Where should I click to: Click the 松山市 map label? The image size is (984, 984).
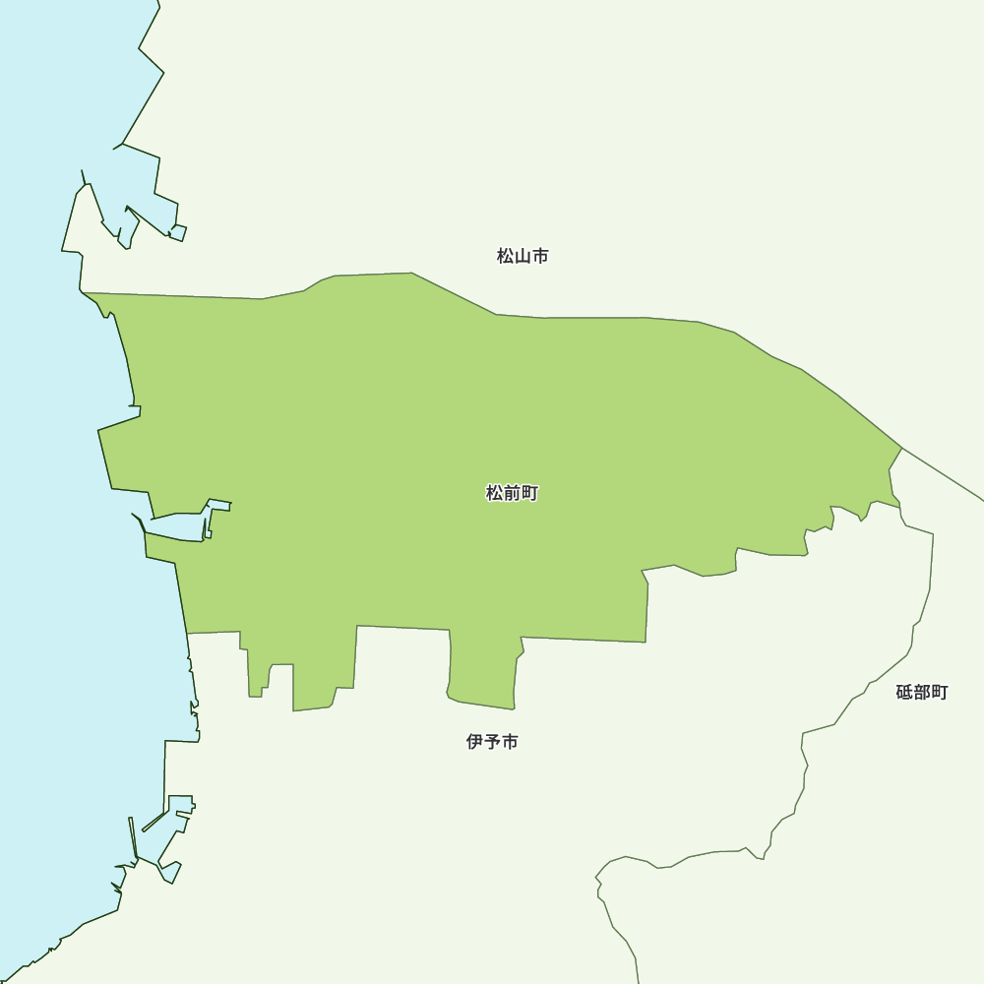click(523, 257)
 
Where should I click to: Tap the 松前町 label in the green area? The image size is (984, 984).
click(512, 494)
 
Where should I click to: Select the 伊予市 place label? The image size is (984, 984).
click(492, 742)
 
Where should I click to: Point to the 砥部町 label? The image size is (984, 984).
click(922, 693)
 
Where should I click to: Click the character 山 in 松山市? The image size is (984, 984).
click(523, 257)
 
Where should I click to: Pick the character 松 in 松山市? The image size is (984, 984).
click(506, 257)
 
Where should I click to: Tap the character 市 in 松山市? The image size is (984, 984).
click(540, 257)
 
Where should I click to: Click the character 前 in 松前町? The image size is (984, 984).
click(512, 494)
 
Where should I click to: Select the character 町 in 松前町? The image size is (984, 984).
click(529, 494)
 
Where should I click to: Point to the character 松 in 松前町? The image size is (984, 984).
click(495, 494)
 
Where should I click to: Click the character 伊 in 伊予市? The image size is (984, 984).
click(475, 742)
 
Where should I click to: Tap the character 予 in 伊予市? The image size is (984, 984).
click(492, 742)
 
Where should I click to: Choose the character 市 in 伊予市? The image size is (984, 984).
click(510, 742)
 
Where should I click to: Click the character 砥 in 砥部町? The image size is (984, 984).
click(904, 693)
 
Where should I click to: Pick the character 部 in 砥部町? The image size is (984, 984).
click(922, 693)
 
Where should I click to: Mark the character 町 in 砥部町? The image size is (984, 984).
click(940, 693)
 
